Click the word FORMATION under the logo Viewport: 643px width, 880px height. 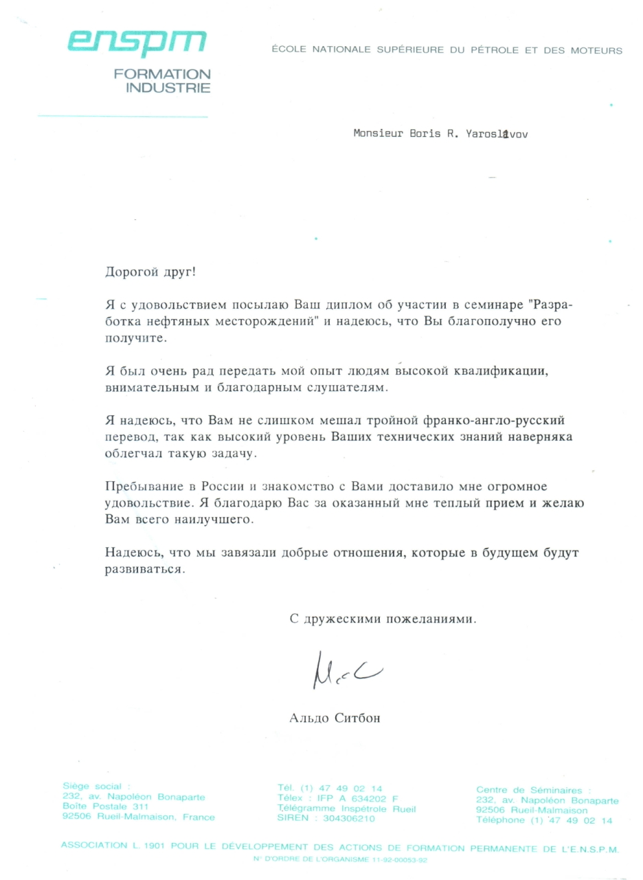pyautogui.click(x=162, y=74)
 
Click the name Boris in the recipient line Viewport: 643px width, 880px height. pyautogui.click(x=418, y=135)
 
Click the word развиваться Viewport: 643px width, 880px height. pyautogui.click(x=144, y=570)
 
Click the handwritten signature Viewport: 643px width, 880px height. pyautogui.click(x=346, y=669)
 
